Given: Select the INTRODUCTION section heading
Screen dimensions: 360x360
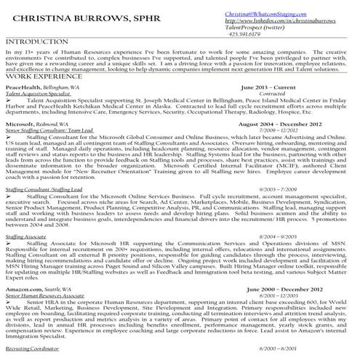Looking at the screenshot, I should [x=34, y=43].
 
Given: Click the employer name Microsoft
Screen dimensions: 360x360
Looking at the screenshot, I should [x=20, y=124].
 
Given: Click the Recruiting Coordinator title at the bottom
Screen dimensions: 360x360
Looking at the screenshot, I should [x=33, y=351].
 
